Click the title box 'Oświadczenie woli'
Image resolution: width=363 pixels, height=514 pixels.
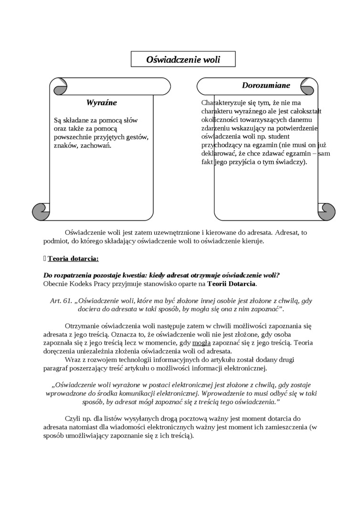click(x=183, y=59)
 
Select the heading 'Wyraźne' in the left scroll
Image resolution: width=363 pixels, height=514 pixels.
click(x=101, y=103)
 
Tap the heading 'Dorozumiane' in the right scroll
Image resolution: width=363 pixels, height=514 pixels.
click(x=266, y=86)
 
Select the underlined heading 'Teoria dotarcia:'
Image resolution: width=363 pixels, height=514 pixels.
click(x=73, y=259)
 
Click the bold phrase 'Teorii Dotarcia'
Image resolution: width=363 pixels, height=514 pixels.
click(x=232, y=284)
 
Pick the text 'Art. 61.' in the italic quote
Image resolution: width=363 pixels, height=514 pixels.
click(x=61, y=301)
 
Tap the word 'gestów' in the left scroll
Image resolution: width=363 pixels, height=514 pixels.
click(x=138, y=137)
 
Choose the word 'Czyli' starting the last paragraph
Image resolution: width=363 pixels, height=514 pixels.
click(x=72, y=418)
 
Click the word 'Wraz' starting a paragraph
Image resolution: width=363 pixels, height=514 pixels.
click(x=73, y=359)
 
